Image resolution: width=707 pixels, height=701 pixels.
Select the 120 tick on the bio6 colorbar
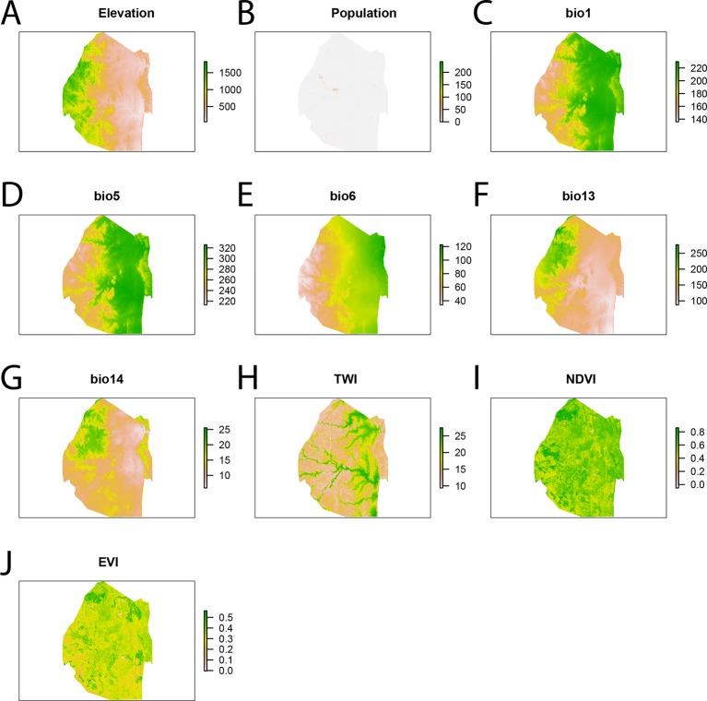[x=460, y=248]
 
